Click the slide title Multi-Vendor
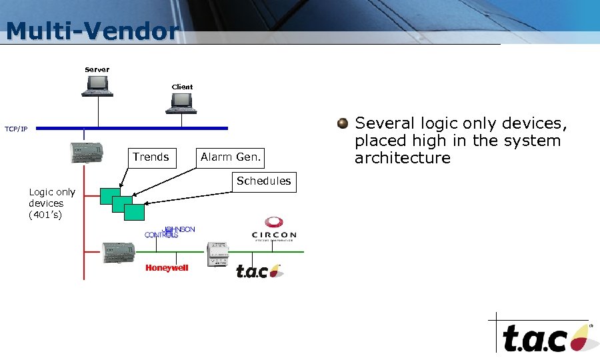[92, 31]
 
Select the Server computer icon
[97, 85]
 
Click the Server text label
[97, 69]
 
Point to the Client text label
[182, 87]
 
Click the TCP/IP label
[16, 129]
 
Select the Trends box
[151, 157]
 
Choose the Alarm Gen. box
[231, 157]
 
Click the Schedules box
[263, 181]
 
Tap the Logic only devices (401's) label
[51, 203]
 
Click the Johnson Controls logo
[169, 232]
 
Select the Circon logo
[273, 229]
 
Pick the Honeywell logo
[167, 268]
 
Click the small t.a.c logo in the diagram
[259, 271]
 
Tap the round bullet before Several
[343, 123]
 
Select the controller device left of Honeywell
[118, 252]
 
